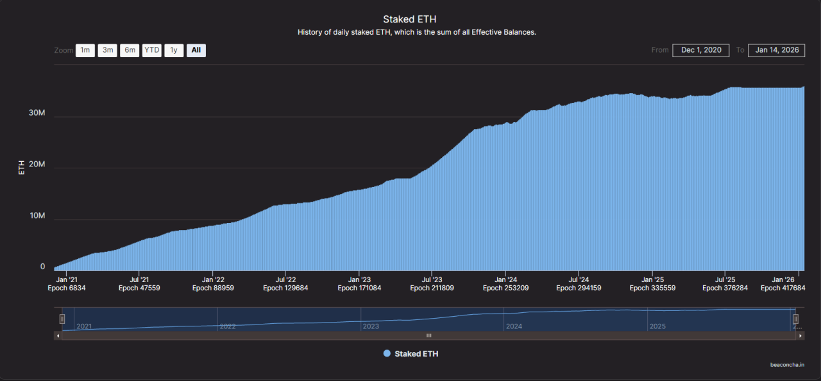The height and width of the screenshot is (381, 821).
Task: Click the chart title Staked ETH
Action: (410, 19)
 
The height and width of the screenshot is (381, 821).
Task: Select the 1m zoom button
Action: (85, 50)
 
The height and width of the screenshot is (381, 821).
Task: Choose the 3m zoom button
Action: (107, 50)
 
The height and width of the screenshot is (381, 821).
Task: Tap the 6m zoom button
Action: (130, 50)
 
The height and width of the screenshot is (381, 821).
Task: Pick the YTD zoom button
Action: (152, 50)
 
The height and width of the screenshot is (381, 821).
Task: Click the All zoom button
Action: (196, 50)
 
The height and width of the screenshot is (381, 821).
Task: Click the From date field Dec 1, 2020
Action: (700, 50)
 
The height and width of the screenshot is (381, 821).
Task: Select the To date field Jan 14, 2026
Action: (776, 50)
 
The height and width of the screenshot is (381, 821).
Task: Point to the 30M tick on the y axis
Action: (37, 112)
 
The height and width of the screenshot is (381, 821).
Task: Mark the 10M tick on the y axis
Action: (37, 215)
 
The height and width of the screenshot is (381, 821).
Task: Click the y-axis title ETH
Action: (22, 168)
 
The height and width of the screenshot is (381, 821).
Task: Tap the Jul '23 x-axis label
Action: (432, 279)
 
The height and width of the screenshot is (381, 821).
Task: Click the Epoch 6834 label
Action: (66, 288)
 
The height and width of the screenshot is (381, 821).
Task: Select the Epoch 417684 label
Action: (783, 288)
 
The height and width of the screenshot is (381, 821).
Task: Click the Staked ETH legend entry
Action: (410, 353)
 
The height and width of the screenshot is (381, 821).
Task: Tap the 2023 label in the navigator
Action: (371, 326)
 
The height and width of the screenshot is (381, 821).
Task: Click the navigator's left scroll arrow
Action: (58, 335)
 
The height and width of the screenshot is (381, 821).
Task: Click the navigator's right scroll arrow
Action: (800, 335)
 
